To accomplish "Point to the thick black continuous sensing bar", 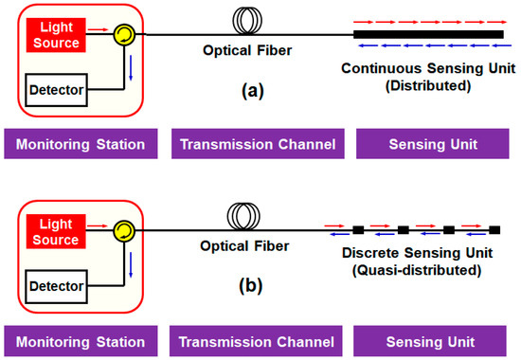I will [428, 35].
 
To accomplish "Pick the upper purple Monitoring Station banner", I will [81, 145].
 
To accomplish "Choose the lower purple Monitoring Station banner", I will [81, 339].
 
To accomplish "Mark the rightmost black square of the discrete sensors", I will [494, 230].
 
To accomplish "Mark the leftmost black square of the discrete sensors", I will [358, 230].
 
